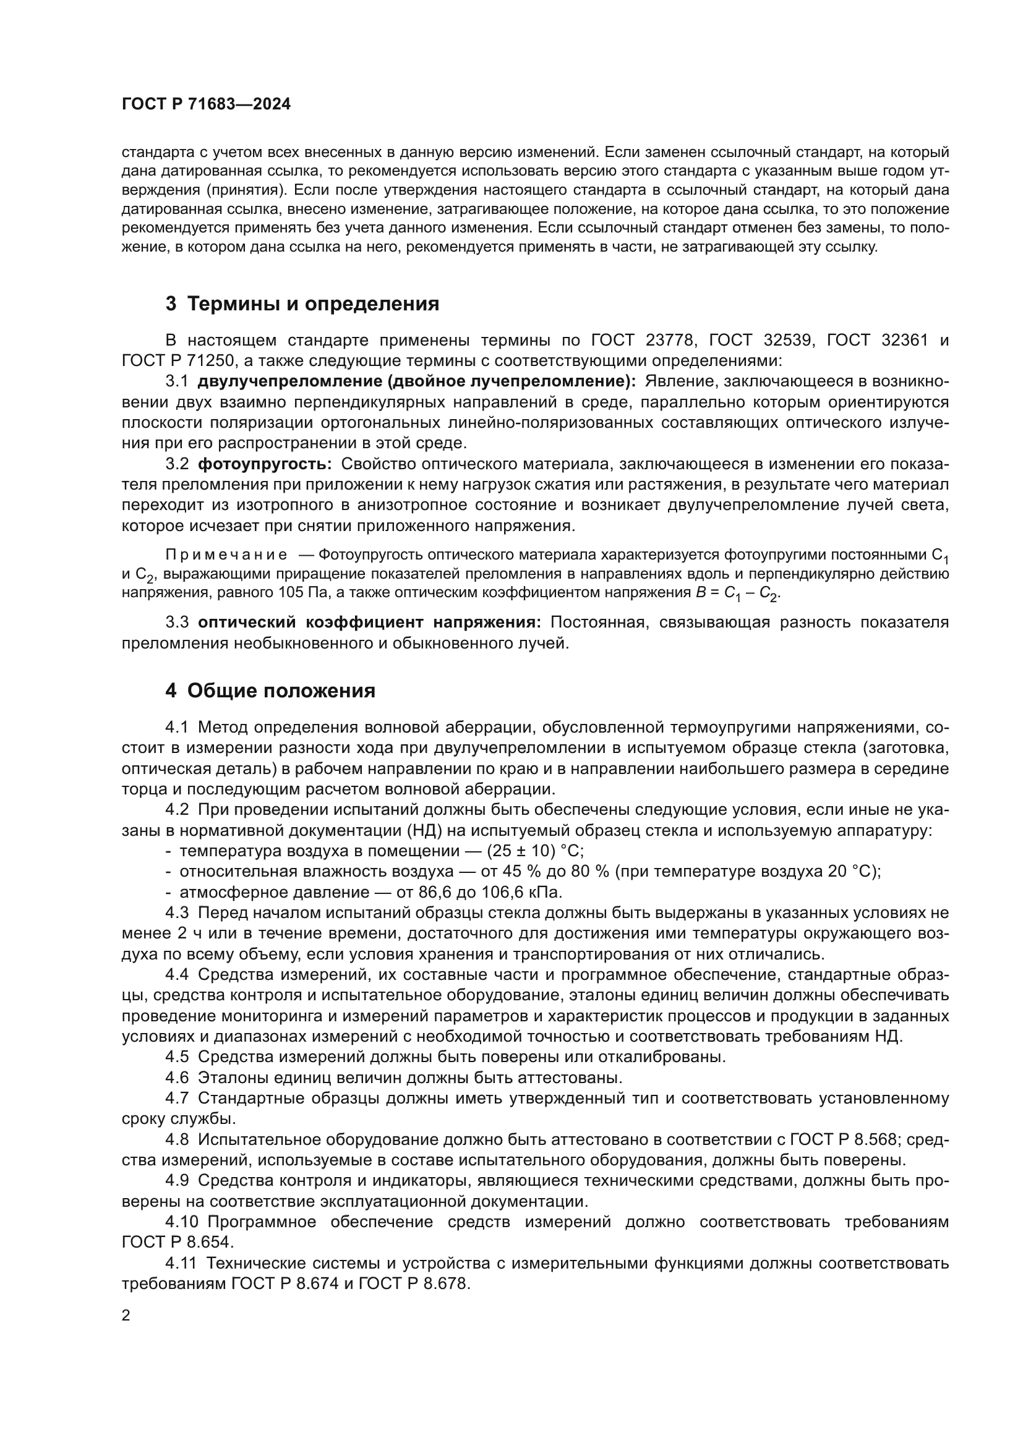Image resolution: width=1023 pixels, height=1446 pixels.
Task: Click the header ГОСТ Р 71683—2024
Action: tap(206, 104)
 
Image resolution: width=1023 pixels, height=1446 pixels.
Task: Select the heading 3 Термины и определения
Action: tap(302, 304)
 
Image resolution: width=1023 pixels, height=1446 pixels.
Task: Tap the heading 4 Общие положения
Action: tap(270, 691)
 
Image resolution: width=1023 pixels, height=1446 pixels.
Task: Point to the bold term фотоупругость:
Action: tap(265, 464)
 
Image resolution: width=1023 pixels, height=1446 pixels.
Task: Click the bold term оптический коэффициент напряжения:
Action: tap(369, 623)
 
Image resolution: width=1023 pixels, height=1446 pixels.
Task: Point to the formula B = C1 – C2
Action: tap(738, 593)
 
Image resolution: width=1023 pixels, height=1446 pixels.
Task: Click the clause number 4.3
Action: tap(177, 913)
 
